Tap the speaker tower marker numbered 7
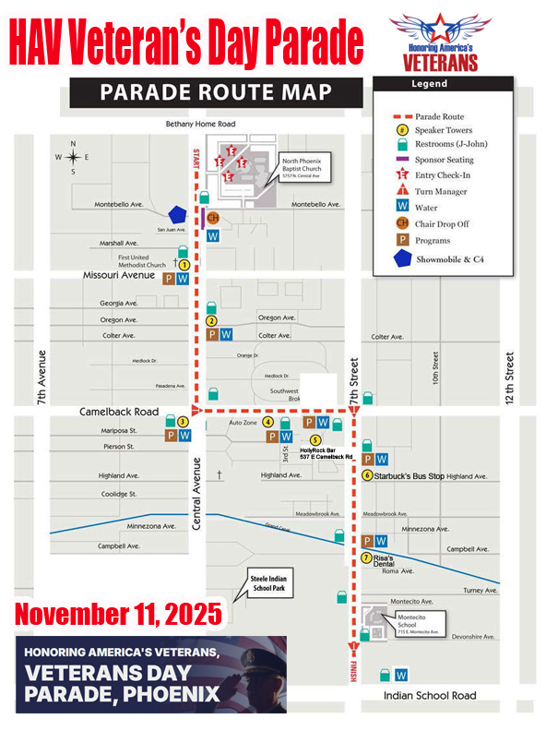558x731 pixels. [366, 557]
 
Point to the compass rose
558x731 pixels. [73, 157]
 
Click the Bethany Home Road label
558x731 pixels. [200, 124]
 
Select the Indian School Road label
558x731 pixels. [430, 695]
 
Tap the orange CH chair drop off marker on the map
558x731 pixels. [212, 218]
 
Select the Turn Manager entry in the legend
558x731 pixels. [441, 192]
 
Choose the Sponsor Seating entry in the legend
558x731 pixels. [445, 160]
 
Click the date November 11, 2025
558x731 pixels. [118, 611]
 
